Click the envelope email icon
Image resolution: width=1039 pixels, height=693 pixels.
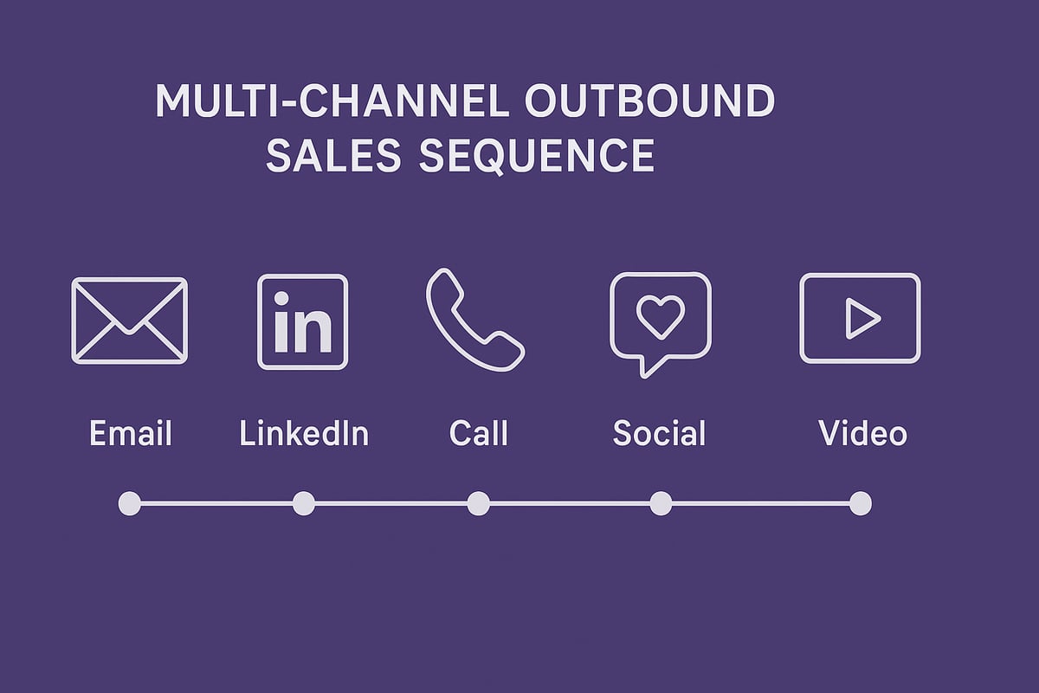(x=129, y=321)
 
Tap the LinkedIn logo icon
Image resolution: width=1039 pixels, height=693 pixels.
(x=303, y=321)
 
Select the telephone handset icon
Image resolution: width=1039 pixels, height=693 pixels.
(x=474, y=320)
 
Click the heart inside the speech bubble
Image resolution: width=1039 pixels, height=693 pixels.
(x=660, y=317)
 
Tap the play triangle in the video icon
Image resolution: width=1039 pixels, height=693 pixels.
(x=861, y=319)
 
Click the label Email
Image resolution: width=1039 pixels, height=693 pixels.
(x=131, y=433)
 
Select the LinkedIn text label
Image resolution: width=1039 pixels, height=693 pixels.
(x=304, y=433)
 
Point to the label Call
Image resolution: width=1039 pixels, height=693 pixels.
(x=479, y=433)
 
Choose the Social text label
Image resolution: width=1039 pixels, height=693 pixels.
(x=659, y=433)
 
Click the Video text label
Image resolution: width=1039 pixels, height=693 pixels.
(x=862, y=433)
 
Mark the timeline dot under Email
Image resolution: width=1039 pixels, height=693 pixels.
(x=129, y=503)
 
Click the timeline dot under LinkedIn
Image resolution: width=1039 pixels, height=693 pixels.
(x=304, y=503)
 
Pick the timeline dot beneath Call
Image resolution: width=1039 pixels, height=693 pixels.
(x=478, y=503)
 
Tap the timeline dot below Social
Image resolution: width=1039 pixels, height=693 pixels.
(x=661, y=503)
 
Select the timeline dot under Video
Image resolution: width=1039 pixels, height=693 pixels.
(x=860, y=503)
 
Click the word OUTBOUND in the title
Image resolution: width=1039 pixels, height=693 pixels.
(x=649, y=102)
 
